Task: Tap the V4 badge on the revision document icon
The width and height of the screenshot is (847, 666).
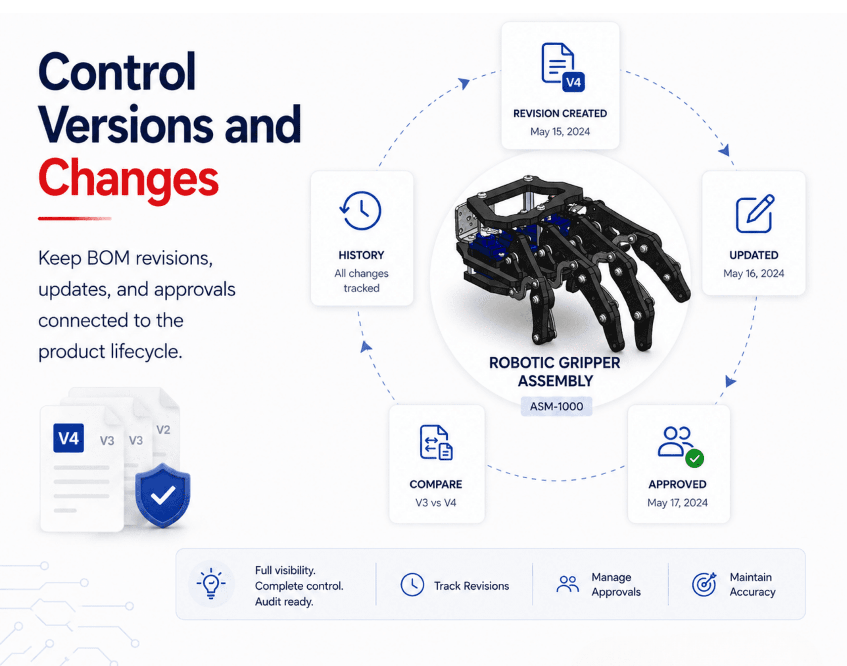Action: click(573, 82)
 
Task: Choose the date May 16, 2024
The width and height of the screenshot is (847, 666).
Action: click(754, 273)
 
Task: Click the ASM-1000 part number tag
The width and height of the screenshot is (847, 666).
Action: click(557, 406)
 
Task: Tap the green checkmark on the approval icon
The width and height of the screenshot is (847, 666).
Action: click(694, 459)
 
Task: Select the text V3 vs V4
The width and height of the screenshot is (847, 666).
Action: click(436, 502)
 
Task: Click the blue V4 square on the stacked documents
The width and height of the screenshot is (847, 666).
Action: click(69, 438)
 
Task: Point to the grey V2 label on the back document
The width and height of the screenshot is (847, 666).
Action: click(163, 430)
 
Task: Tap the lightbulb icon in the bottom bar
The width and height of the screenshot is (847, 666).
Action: click(211, 583)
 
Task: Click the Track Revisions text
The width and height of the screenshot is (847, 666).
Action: click(472, 586)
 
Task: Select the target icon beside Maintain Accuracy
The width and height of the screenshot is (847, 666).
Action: click(704, 584)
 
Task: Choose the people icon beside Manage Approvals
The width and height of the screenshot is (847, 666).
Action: click(568, 584)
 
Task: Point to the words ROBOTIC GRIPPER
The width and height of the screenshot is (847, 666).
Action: click(555, 363)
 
